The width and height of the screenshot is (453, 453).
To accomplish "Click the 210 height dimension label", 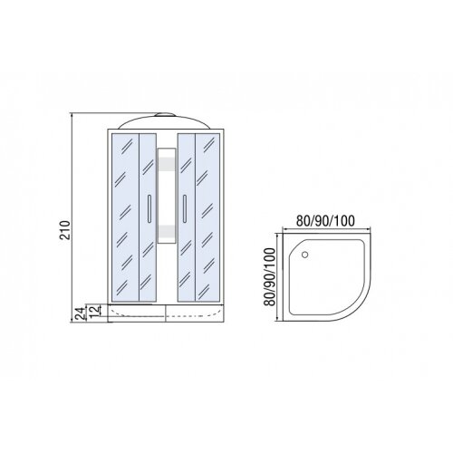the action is [x=64, y=230].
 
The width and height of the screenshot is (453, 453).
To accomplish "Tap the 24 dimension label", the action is [x=80, y=313].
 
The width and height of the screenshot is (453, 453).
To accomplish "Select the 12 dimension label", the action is [x=94, y=311].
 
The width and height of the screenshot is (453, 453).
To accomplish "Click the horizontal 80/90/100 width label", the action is [x=325, y=221].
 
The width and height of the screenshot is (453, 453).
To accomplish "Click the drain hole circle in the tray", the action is [x=304, y=255].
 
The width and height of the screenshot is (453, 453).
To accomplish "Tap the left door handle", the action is [x=149, y=209].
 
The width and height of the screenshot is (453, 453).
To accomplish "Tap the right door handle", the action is [x=185, y=209].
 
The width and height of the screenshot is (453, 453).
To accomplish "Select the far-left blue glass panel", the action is [x=125, y=217].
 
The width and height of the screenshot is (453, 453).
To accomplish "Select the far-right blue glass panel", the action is [x=207, y=217].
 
